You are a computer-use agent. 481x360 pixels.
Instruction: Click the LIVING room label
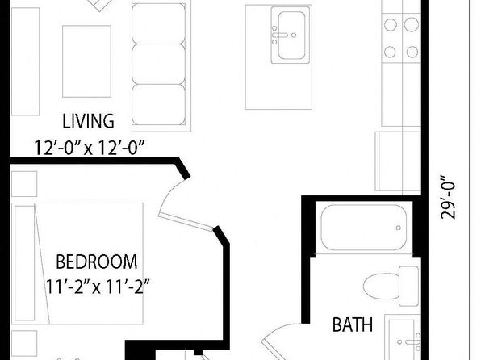(88, 121)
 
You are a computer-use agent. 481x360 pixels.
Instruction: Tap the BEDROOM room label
(97, 262)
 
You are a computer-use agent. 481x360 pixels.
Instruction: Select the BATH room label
(353, 324)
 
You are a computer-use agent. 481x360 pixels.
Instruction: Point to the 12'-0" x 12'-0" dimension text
(89, 148)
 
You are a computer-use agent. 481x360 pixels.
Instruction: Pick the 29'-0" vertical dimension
(448, 197)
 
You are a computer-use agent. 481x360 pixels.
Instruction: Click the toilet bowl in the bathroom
(381, 286)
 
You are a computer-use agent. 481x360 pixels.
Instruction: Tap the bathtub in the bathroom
(364, 228)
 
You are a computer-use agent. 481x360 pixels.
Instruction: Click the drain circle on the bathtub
(399, 228)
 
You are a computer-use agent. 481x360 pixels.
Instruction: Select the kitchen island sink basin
(291, 36)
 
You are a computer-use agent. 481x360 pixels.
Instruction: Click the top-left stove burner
(391, 25)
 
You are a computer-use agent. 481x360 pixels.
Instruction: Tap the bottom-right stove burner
(412, 52)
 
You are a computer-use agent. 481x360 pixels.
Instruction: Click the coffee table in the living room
(86, 61)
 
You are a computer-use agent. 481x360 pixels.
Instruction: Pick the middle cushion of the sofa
(159, 64)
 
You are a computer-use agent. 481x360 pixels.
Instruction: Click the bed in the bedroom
(77, 263)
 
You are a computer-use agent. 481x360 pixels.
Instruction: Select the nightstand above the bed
(24, 184)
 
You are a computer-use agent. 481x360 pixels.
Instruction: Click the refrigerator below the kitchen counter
(398, 161)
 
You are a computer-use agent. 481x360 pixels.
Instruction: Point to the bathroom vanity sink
(403, 337)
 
